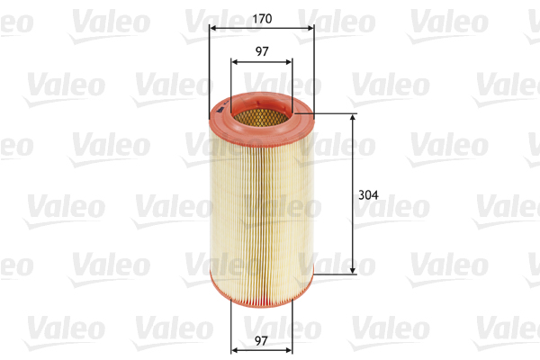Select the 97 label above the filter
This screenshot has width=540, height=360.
pyautogui.click(x=262, y=52)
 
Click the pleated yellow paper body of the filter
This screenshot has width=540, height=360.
pyautogui.click(x=261, y=207)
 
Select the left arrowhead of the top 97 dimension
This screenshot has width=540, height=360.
pyautogui.click(x=235, y=62)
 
